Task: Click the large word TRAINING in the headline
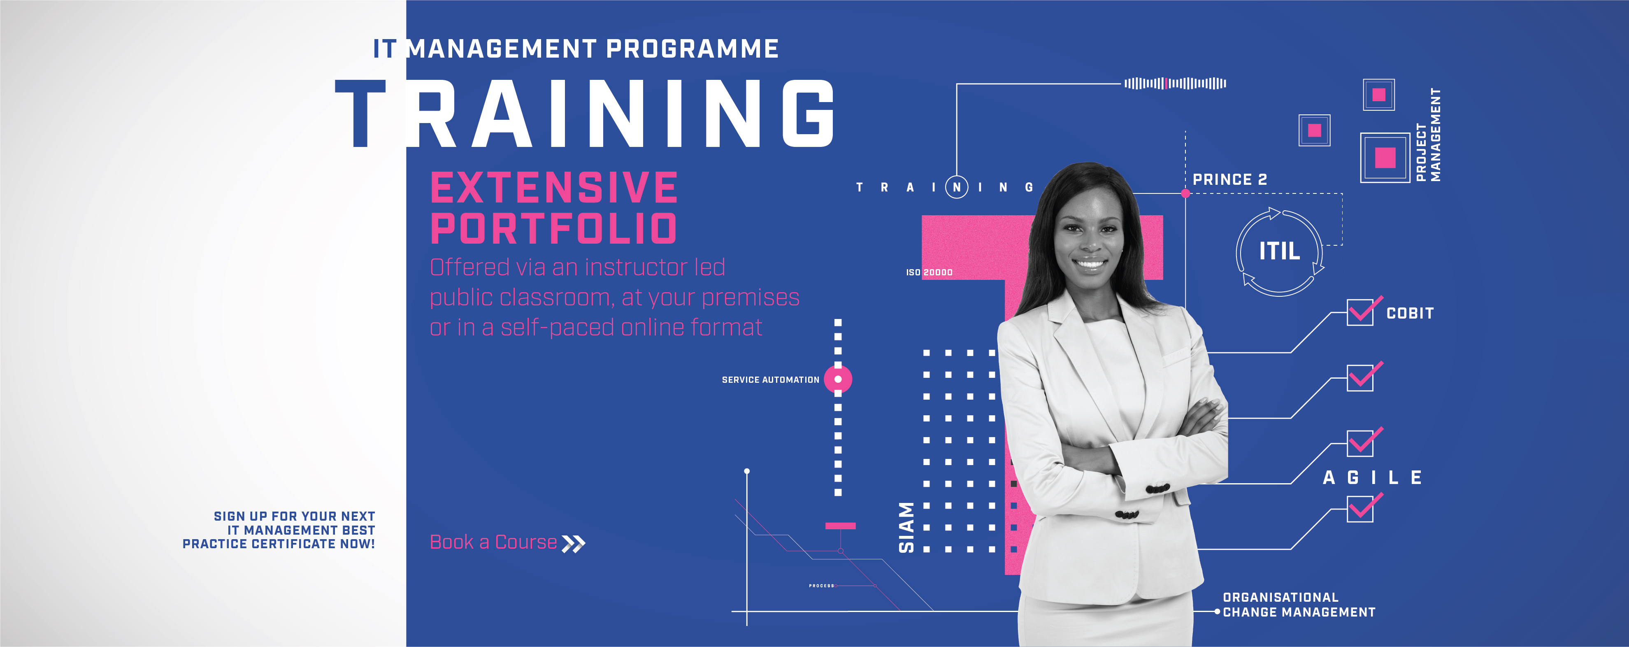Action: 584,114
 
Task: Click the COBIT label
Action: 1410,313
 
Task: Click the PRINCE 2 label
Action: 1229,179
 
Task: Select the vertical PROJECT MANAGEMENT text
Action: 1428,135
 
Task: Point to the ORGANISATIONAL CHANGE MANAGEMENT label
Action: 1299,605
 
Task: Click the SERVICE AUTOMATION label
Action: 770,379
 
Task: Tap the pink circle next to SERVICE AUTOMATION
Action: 838,379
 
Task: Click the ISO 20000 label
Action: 929,272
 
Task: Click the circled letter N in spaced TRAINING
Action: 957,187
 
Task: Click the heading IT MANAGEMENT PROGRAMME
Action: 576,49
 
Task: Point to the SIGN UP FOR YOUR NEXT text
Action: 294,516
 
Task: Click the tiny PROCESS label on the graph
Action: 821,586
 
